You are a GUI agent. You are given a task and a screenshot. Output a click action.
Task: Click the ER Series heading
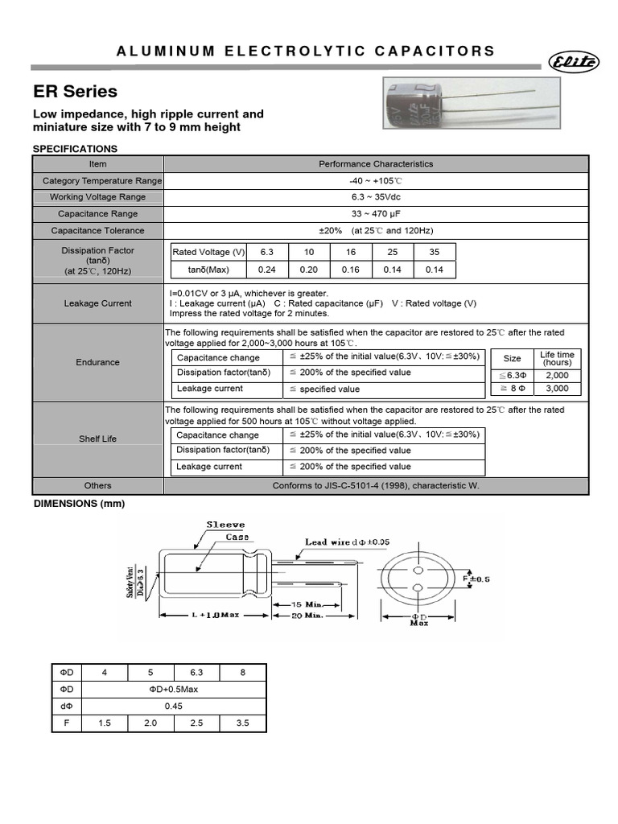coord(75,91)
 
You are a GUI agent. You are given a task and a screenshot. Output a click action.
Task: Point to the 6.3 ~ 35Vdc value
coord(375,197)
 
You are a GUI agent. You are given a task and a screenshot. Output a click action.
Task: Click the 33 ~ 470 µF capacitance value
coord(375,214)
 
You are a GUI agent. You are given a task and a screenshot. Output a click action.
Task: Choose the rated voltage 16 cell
coord(351,252)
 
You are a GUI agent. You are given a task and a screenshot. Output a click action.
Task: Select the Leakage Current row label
coord(97,303)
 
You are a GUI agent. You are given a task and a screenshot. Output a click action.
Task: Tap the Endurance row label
coord(97,362)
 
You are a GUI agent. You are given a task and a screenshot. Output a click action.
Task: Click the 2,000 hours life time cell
coord(557,376)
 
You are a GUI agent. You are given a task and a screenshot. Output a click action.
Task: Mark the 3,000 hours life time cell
coord(557,389)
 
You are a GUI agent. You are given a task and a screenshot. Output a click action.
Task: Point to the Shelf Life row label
coord(97,439)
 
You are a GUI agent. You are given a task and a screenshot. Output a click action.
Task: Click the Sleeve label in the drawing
coord(226,525)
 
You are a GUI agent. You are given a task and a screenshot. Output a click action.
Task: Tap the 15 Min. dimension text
coord(307,604)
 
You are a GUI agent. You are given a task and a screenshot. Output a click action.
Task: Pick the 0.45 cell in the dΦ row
coord(174,707)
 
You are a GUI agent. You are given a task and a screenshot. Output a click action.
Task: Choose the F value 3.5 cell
coord(243,723)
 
